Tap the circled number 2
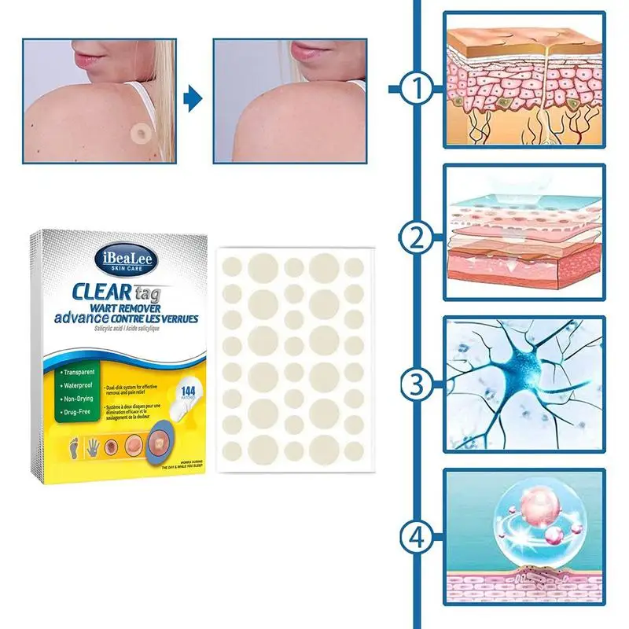click(x=417, y=235)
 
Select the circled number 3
click(x=417, y=385)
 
